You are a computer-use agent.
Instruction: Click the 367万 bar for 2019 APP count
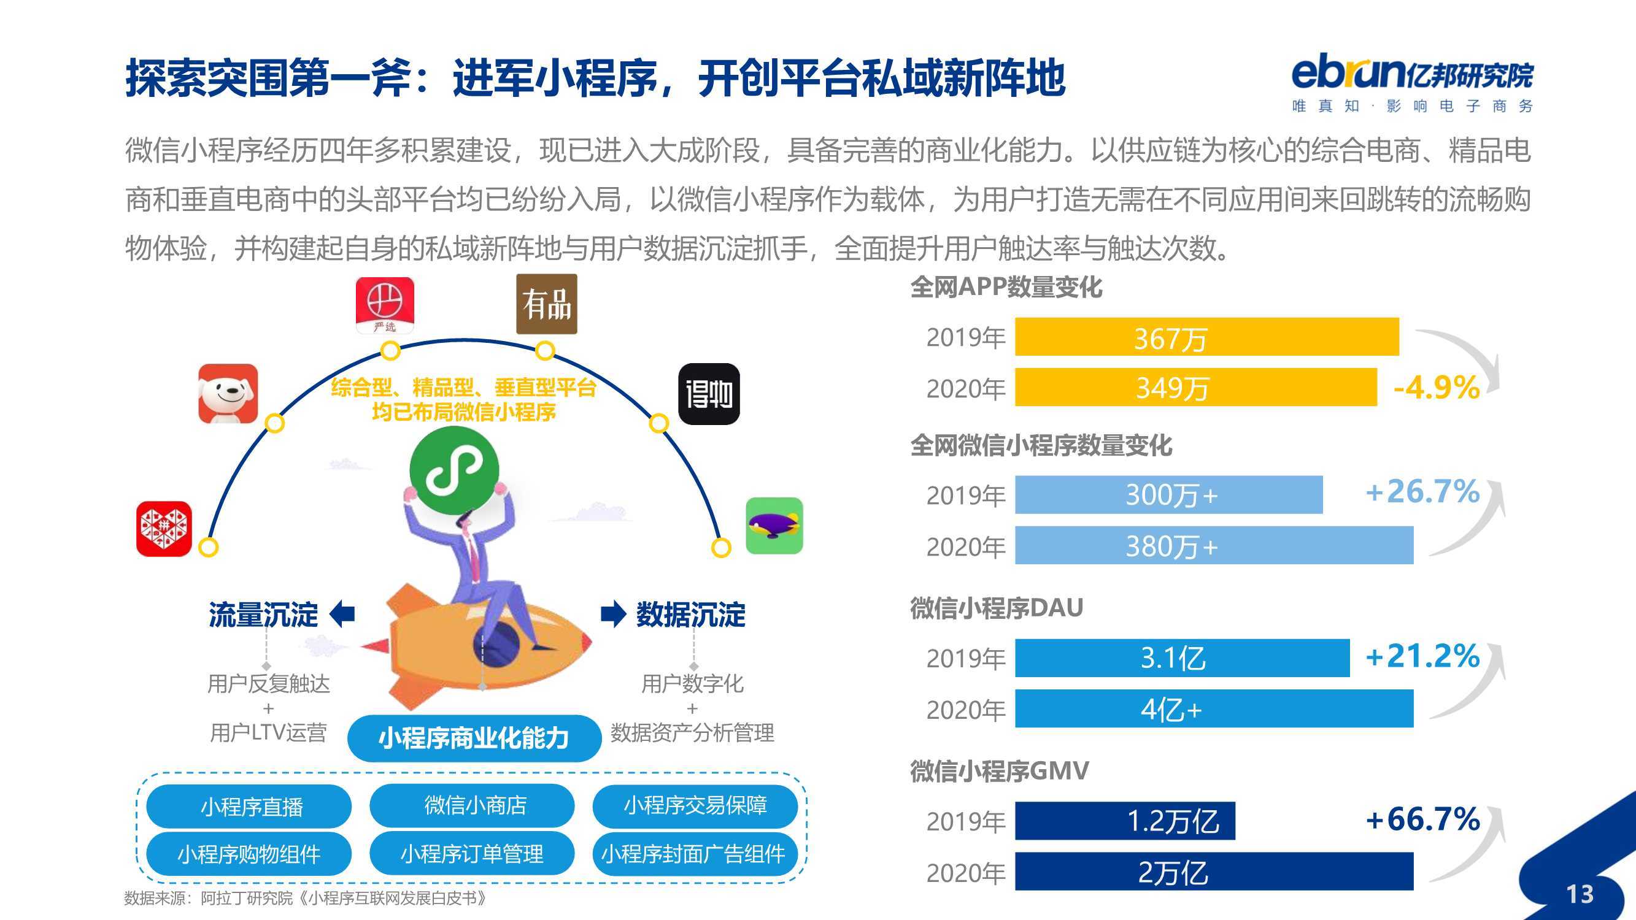1206,337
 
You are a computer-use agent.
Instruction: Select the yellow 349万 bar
1196,386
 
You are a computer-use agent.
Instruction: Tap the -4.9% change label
1436,387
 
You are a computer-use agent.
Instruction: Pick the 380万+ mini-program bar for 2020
1214,545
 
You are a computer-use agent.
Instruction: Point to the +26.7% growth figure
1422,491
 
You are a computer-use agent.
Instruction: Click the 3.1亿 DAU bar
1182,657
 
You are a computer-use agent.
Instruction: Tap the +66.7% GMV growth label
1422,819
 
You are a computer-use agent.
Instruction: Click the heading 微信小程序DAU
997,608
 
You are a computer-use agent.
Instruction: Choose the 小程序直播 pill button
249,807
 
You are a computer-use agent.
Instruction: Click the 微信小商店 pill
472,805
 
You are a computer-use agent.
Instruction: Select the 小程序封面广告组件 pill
695,854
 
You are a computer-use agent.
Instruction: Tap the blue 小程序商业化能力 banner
474,738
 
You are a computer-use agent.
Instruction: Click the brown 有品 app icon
546,304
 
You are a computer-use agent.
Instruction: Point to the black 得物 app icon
709,394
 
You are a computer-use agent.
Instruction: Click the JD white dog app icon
228,394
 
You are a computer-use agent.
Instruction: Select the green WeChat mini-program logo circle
454,470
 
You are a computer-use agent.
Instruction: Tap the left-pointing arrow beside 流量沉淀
342,613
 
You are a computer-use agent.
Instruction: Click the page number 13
1580,895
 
